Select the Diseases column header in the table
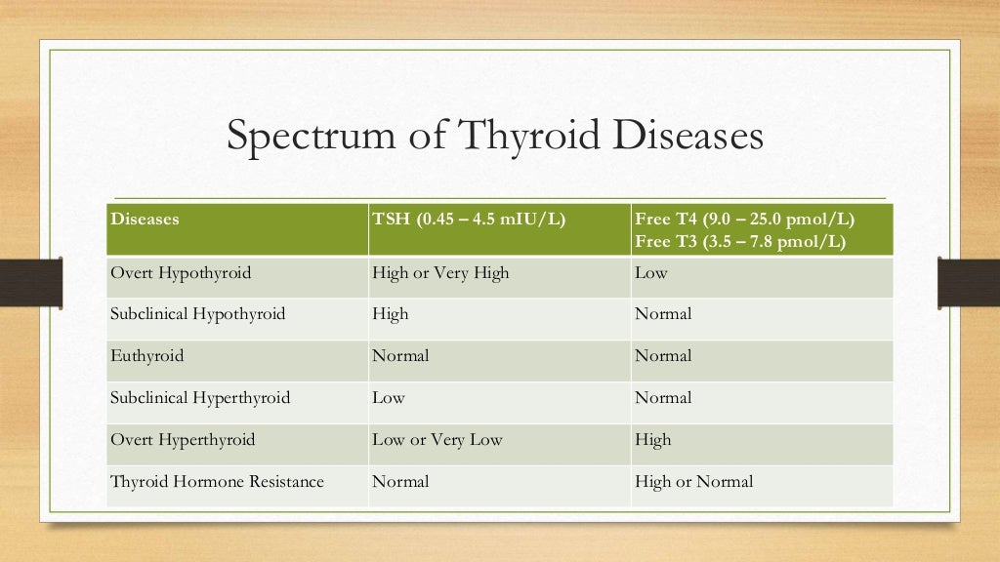(x=145, y=220)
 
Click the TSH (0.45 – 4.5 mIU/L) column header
(x=469, y=220)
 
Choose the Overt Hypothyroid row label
(x=181, y=273)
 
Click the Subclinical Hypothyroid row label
(x=197, y=314)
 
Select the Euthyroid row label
(x=146, y=356)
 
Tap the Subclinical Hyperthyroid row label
(x=200, y=398)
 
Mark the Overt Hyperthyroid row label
(x=183, y=440)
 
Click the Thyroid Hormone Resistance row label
(x=217, y=482)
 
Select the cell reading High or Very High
(x=440, y=273)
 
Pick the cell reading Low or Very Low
(x=437, y=440)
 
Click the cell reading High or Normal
(x=693, y=482)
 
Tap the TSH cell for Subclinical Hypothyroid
(x=390, y=314)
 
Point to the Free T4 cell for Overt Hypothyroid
(x=651, y=273)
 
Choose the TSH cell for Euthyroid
(x=400, y=356)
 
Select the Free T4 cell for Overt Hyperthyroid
(x=653, y=440)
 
